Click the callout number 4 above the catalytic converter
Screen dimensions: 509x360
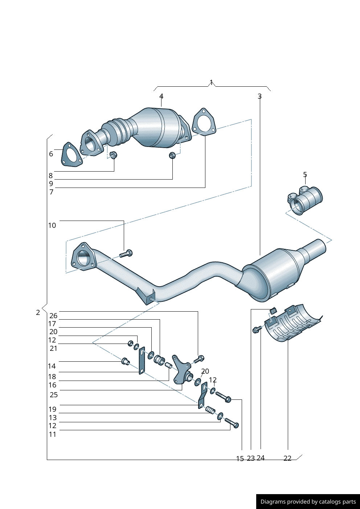point(161,96)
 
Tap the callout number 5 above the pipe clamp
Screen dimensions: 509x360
point(305,175)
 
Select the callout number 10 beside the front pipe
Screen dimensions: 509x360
point(52,225)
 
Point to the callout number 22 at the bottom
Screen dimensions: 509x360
point(287,458)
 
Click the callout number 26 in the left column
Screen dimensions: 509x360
point(53,316)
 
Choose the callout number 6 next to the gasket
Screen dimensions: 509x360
point(51,154)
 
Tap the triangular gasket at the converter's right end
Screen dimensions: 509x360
point(203,122)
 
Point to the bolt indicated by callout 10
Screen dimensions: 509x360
point(126,254)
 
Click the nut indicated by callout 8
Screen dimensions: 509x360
point(113,155)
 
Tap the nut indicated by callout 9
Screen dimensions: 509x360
point(172,155)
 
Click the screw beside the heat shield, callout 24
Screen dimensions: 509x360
point(257,329)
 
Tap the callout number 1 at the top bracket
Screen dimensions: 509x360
point(212,82)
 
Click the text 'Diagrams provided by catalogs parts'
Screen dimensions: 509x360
point(308,502)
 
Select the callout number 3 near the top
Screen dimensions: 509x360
point(259,96)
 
